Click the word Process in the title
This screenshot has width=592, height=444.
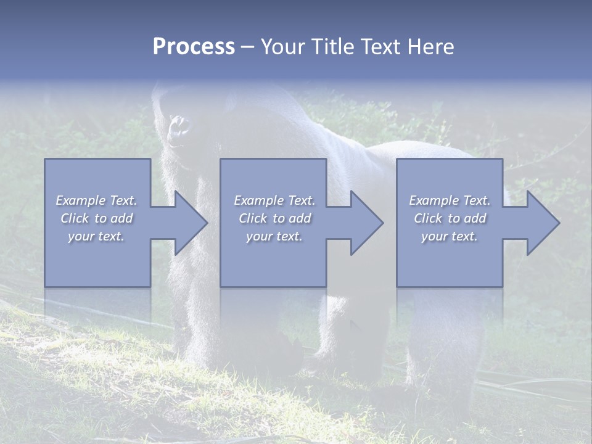tap(194, 47)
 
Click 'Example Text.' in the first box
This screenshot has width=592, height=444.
tap(97, 200)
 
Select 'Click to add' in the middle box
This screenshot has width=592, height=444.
tap(274, 218)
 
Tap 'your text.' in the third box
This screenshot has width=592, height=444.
tap(450, 236)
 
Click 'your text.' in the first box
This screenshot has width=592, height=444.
tap(97, 236)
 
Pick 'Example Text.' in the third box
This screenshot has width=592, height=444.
tap(450, 200)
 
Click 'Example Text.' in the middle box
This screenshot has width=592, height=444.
tap(274, 200)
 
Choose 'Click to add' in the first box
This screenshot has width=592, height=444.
tap(97, 218)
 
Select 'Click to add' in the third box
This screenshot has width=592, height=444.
tap(450, 218)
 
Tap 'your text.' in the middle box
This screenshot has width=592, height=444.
tap(274, 236)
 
